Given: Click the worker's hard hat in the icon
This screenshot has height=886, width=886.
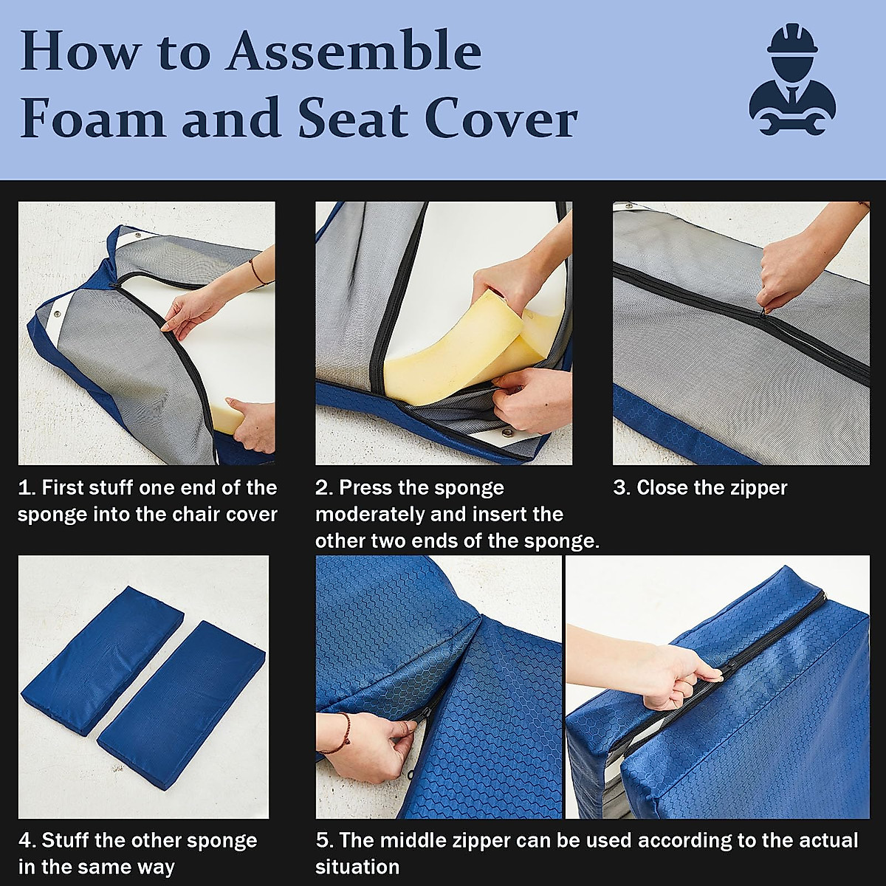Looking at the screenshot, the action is [792, 38].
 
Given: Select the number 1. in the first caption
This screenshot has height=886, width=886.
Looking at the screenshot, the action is [27, 488].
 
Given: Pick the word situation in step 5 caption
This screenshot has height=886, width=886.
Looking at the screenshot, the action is [357, 867].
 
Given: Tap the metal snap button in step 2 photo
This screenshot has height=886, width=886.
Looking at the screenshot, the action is [507, 432].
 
